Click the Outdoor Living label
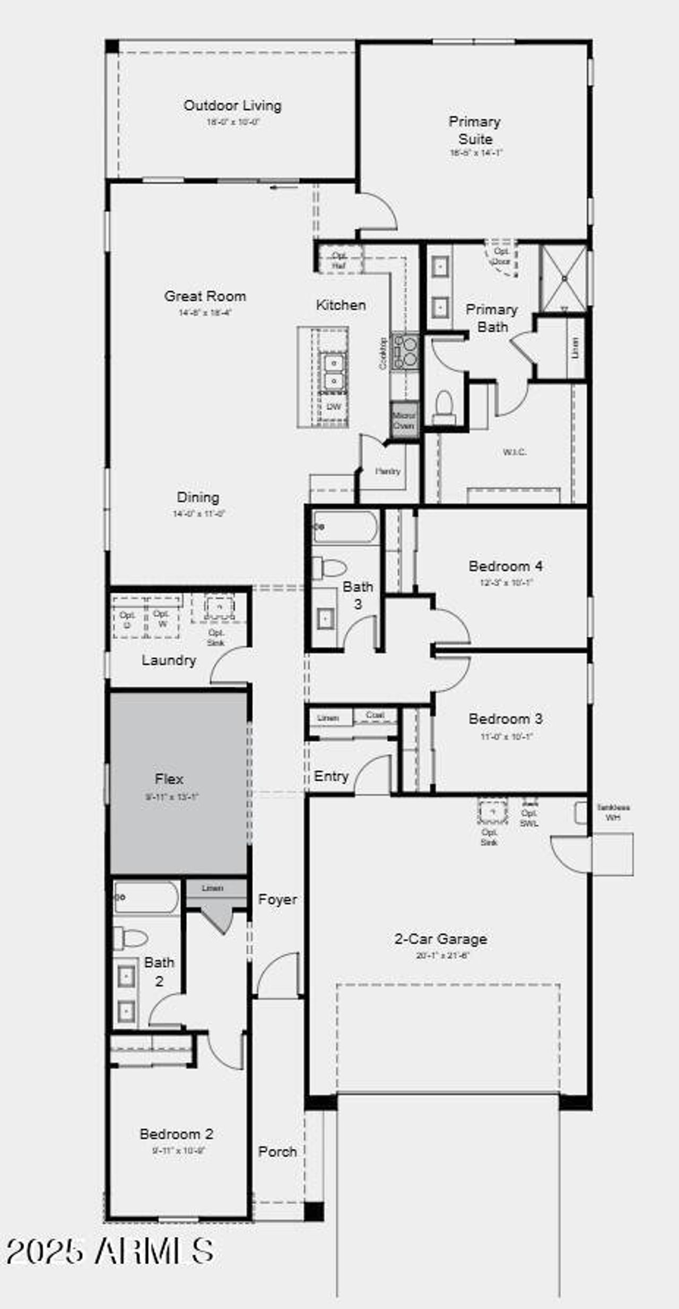(x=232, y=106)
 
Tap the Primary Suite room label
(x=475, y=130)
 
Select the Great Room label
(x=205, y=296)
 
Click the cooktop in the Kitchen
(x=405, y=352)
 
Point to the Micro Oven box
(x=404, y=420)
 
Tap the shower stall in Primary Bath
(x=563, y=278)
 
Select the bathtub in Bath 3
(x=345, y=527)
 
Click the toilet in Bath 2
(x=130, y=938)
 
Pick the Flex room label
(x=169, y=779)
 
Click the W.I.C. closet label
(x=515, y=452)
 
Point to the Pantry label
(x=388, y=471)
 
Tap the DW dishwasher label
(x=334, y=407)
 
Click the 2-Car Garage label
(x=440, y=939)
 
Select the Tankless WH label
(x=613, y=812)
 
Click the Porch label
(x=277, y=1151)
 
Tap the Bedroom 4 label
(x=505, y=566)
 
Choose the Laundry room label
(x=169, y=660)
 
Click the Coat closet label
(x=375, y=715)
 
